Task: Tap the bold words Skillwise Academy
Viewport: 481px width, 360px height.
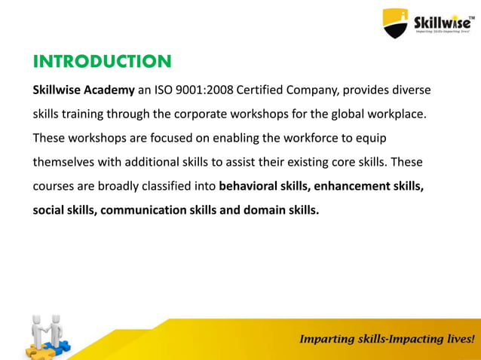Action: tap(83, 91)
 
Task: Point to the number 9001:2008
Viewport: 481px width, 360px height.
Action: tap(204, 91)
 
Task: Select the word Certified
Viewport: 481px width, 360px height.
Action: tap(262, 91)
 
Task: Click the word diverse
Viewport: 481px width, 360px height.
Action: tap(411, 91)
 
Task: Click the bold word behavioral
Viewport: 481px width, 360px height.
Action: tap(250, 186)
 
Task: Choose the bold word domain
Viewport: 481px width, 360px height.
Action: tap(262, 209)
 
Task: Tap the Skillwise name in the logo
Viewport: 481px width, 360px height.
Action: tap(443, 20)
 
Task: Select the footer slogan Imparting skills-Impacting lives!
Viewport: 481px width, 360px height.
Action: tap(388, 339)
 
